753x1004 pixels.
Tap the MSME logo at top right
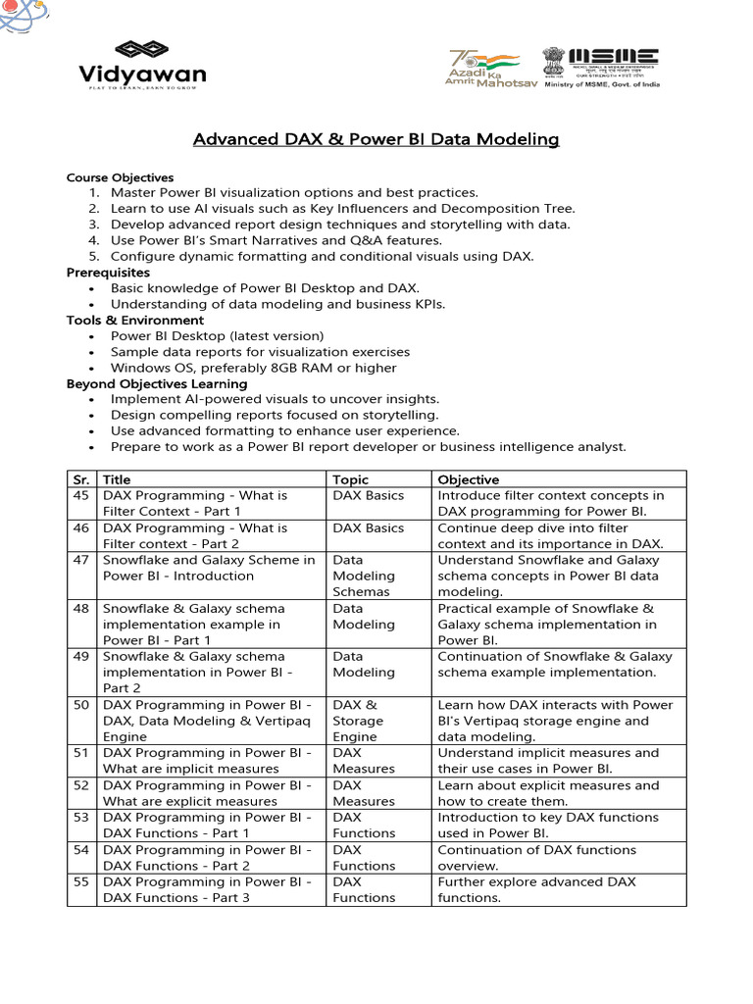[602, 68]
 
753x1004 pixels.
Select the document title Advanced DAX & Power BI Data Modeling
[376, 140]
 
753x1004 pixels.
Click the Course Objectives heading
[120, 177]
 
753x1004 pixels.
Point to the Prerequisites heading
[108, 272]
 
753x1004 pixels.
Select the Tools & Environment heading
[135, 320]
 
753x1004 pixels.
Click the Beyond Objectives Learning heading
[157, 383]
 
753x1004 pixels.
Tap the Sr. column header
[81, 479]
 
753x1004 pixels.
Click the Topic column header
[351, 479]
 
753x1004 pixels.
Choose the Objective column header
[468, 479]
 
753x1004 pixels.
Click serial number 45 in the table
[81, 496]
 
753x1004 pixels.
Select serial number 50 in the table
[81, 705]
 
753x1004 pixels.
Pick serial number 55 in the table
[81, 881]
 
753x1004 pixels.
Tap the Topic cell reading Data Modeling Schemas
[364, 576]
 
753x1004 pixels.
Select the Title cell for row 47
[209, 568]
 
